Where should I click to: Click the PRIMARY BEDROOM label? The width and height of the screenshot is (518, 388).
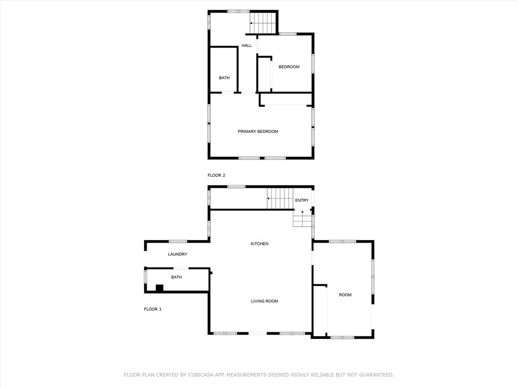tap(258, 131)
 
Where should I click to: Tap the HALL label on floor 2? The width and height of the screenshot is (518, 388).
tap(246, 45)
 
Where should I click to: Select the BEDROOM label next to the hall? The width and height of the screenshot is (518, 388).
tap(289, 67)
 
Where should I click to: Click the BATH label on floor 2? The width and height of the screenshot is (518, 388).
tap(224, 78)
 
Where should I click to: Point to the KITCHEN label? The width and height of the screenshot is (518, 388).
tap(260, 244)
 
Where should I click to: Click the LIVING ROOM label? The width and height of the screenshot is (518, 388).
tap(265, 301)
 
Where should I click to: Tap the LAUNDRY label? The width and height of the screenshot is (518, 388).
tap(178, 254)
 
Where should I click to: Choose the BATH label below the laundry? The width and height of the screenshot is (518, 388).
tap(176, 277)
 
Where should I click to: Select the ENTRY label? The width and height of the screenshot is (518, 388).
tap(301, 200)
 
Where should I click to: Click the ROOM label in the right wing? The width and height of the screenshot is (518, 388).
tap(345, 295)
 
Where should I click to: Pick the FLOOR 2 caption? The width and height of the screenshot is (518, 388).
tap(216, 175)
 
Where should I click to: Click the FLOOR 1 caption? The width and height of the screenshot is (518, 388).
tap(152, 309)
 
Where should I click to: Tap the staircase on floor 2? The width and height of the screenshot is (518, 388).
tap(263, 23)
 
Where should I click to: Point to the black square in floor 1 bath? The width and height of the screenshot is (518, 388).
tap(159, 288)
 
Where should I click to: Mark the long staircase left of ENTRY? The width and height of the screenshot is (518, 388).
tap(280, 198)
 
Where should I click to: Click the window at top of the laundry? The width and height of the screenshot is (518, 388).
tap(178, 241)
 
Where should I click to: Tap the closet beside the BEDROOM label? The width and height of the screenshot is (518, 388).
tap(264, 75)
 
